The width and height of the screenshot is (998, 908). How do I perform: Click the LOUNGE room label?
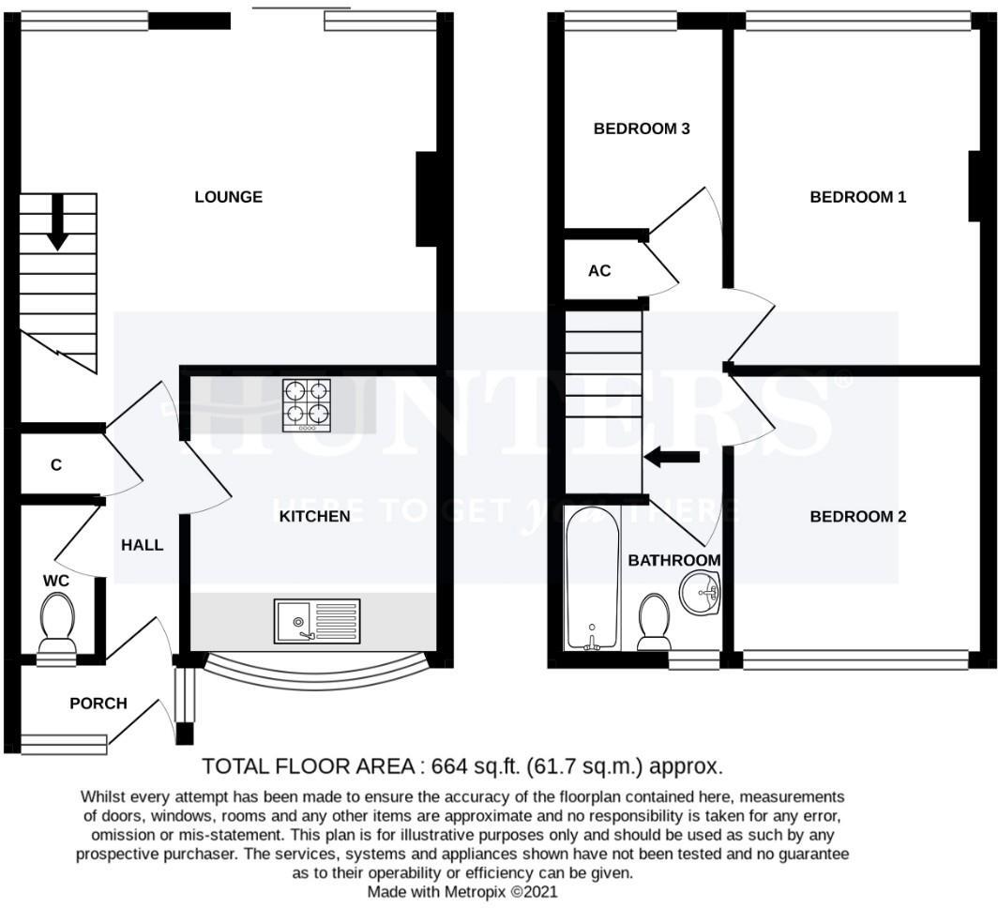point(228,197)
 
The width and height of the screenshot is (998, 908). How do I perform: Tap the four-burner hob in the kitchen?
point(308,404)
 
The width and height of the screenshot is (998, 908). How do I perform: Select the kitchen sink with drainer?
point(317,621)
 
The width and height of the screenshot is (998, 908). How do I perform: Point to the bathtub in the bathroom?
point(592,578)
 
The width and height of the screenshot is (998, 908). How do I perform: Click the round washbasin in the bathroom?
point(699,593)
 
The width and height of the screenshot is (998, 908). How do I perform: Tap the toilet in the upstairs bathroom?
point(654,621)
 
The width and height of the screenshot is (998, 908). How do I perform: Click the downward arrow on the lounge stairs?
point(57,221)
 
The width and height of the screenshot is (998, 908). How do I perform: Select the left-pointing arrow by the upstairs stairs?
point(672,457)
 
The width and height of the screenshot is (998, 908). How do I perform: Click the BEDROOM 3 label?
point(642,129)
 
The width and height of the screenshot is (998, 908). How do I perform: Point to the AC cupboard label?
point(599,271)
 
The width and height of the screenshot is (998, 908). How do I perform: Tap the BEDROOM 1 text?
point(858,197)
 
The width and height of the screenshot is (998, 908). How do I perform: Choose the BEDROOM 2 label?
point(858,516)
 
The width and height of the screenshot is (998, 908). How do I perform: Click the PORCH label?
point(98,703)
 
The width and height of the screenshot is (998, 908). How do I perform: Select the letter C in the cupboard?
point(56,464)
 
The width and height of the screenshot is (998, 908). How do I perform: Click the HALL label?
point(142,544)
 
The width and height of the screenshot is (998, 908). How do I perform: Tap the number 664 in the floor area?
point(449,765)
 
